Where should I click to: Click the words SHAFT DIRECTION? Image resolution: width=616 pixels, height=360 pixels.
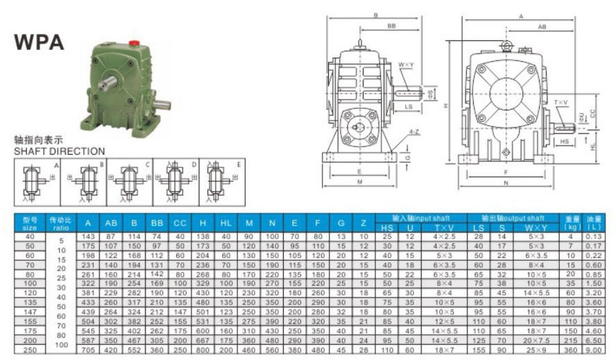click(59, 151)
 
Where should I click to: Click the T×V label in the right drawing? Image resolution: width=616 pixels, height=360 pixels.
click(560, 103)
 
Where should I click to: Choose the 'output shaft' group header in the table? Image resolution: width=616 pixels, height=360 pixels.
click(513, 218)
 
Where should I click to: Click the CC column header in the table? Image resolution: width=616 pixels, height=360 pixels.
click(180, 223)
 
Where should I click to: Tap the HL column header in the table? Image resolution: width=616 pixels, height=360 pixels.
click(226, 223)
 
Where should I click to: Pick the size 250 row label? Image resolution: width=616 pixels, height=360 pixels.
click(30, 350)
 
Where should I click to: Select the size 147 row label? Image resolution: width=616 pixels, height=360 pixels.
click(30, 312)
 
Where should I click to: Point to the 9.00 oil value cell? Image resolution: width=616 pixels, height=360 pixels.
click(594, 350)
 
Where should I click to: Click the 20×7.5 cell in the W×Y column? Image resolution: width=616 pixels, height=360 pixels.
click(536, 341)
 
